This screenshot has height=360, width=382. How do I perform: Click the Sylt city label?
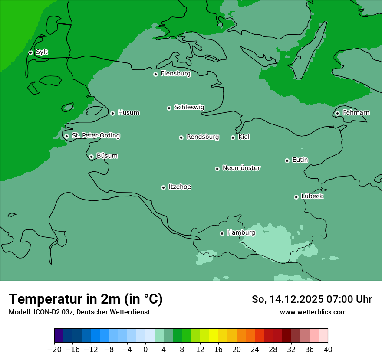pos(42,52)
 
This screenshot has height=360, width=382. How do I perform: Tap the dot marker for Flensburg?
pos(155,74)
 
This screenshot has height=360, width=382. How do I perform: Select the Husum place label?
pos(128,113)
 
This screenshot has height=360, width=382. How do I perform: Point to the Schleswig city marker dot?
pos(169,108)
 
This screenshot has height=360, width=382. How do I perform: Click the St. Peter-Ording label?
pos(95,136)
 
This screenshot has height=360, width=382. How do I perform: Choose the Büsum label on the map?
pos(107,156)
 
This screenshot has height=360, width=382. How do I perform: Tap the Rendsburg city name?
pos(203,137)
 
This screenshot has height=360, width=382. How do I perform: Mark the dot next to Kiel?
pos(233,137)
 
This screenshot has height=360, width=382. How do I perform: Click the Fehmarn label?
pos(356,113)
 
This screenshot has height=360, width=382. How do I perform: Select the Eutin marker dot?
pos(287,160)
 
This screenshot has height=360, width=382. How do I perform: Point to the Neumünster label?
pos(241,168)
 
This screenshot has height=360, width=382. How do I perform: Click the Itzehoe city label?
pos(180,187)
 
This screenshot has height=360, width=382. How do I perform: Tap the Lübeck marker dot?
pos(296,197)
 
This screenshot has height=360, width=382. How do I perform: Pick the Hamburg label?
pos(241,233)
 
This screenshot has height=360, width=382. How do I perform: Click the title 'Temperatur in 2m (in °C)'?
pos(86,299)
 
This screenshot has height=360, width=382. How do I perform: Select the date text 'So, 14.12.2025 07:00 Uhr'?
pos(312,299)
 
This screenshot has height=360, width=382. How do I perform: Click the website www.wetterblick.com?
pos(313,312)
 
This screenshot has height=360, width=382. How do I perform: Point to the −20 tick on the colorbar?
pos(54,350)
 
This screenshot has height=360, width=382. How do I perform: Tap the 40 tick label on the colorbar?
pos(328,350)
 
